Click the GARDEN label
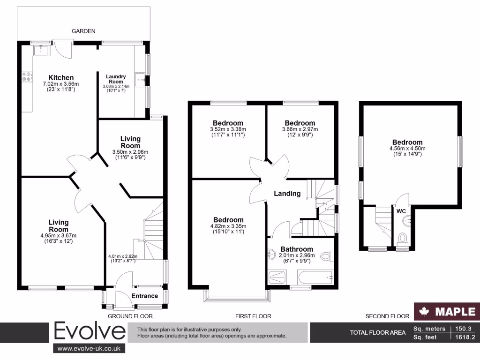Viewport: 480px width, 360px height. (x=83, y=31)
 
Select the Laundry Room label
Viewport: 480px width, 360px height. (x=115, y=79)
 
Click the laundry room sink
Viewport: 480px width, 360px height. (x=140, y=80)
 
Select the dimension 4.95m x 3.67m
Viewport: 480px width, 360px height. (x=58, y=235)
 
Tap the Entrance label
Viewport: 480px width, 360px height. (x=144, y=296)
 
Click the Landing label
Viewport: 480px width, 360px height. (x=287, y=193)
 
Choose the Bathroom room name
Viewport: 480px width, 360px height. (x=296, y=249)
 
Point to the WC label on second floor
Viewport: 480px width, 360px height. (x=401, y=211)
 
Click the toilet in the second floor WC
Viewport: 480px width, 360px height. (x=402, y=240)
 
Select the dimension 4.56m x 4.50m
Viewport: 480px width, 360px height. (x=407, y=149)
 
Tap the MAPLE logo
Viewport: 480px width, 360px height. (x=447, y=311)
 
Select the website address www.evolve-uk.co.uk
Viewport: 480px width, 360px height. (x=89, y=348)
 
